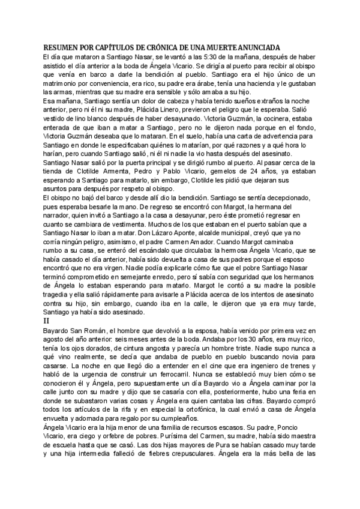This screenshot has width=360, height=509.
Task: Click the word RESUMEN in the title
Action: tap(60, 47)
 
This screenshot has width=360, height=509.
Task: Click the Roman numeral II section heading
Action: tap(46, 321)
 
